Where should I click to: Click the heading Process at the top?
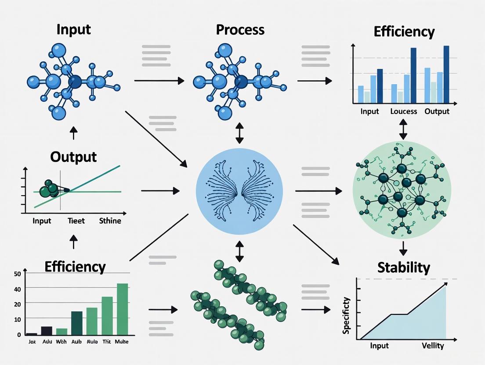click(x=240, y=30)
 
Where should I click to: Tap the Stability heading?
click(x=403, y=267)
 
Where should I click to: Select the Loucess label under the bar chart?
click(x=403, y=111)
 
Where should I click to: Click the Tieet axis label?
click(x=76, y=221)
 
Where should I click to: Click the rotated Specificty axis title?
click(x=347, y=315)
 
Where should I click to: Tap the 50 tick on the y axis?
click(x=18, y=274)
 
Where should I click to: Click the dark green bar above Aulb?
click(x=76, y=323)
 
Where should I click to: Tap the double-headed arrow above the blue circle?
click(x=239, y=133)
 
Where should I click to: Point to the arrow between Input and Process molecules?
click(x=159, y=81)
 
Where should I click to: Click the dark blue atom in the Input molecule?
click(x=75, y=81)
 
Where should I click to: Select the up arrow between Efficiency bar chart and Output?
click(x=73, y=241)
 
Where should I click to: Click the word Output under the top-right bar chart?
click(x=437, y=111)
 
